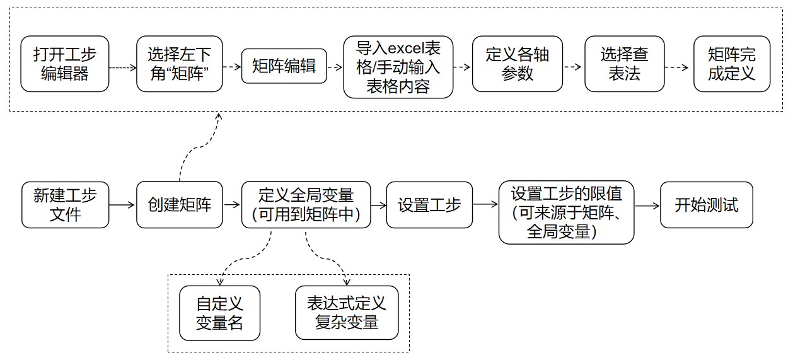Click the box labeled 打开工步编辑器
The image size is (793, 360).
tap(65, 64)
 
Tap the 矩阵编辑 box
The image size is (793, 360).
tap(284, 66)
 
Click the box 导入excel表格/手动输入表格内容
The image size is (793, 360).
tap(398, 67)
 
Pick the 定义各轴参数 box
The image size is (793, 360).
tap(518, 64)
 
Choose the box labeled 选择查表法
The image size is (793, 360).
tap(624, 64)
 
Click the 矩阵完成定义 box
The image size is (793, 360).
tap(731, 64)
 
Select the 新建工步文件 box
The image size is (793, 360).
tap(65, 205)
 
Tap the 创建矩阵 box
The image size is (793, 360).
tap(180, 205)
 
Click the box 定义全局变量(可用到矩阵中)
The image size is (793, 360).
tap(306, 205)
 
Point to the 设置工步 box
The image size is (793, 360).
tap(429, 205)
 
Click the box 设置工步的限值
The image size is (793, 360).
tap(566, 212)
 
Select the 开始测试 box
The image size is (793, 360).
tap(706, 205)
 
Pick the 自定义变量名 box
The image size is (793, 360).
tap(219, 313)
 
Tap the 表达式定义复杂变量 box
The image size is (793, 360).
tap(347, 313)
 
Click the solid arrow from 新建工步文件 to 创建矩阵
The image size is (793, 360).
tap(122, 205)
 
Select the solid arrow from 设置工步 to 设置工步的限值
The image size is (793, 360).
tap(485, 205)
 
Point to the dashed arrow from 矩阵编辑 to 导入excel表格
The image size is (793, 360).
tap(335, 66)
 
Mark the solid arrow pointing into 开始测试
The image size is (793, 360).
tap(647, 205)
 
